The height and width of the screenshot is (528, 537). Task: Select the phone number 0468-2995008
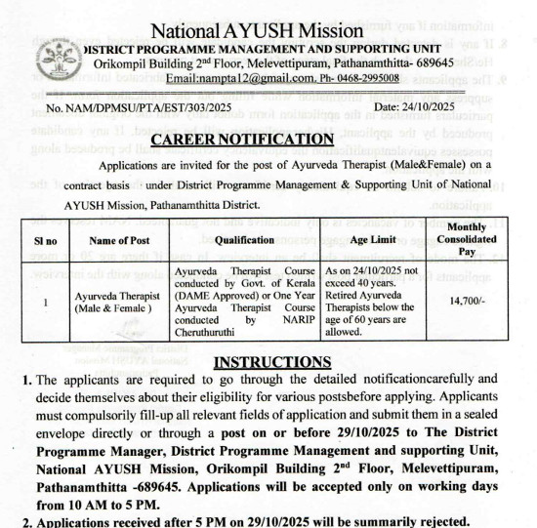[x=366, y=77]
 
